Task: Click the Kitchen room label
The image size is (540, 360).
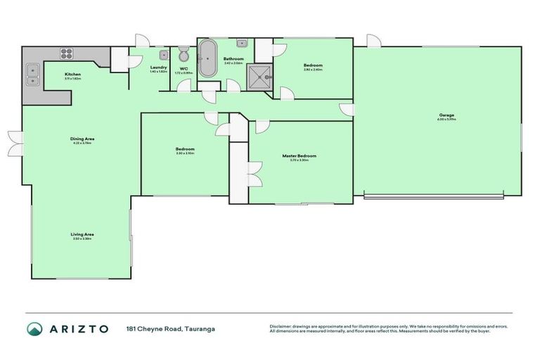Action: click(x=73, y=74)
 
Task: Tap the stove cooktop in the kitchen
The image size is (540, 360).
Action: click(x=67, y=52)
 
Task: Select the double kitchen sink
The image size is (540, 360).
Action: click(x=32, y=69)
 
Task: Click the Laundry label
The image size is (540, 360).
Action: click(x=159, y=67)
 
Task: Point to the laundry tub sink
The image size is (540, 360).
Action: click(x=163, y=53)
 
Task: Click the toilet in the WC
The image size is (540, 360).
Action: click(x=184, y=55)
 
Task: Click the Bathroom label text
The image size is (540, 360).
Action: click(x=233, y=58)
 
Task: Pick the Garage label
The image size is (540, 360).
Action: click(x=446, y=115)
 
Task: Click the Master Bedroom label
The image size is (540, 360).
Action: click(x=300, y=155)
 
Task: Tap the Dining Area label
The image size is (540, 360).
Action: click(x=82, y=139)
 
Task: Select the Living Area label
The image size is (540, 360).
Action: click(x=82, y=233)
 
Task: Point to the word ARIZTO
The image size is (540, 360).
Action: click(x=79, y=329)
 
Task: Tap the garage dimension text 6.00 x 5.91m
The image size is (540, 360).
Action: click(x=446, y=120)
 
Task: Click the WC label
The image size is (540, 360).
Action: click(x=183, y=67)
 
